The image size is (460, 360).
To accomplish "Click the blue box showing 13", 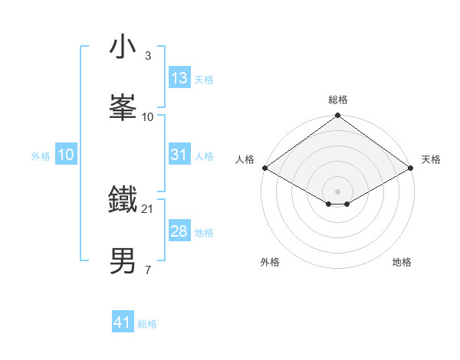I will point(179,78).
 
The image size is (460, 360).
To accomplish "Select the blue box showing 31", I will point(179,155).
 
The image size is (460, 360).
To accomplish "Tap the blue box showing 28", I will point(179,231).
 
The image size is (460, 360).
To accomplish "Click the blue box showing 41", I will point(123,322).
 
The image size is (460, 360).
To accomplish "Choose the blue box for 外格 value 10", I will point(66,155).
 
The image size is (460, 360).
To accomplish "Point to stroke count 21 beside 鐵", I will point(148,208).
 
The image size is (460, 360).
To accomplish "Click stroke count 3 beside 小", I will point(148,55).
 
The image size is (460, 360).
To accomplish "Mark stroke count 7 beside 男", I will point(148,270).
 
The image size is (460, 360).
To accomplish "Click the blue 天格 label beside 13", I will point(204,79).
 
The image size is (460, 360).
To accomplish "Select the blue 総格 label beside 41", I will point(147,323).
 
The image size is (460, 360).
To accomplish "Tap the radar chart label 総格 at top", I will point(338,100).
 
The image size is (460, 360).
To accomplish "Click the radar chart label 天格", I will point(431,159).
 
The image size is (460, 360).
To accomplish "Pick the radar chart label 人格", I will point(245,159).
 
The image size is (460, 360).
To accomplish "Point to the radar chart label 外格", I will point(269,262).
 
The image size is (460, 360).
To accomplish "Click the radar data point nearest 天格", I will point(411,168).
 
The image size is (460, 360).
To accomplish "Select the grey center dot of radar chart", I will point(338,191).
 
